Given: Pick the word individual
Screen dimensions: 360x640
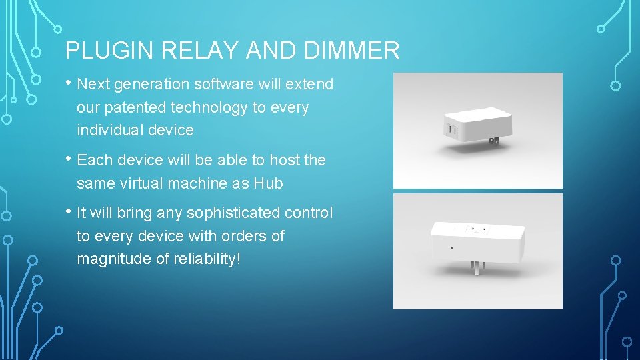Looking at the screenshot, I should (110, 130).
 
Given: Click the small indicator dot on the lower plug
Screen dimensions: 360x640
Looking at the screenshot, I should (453, 247).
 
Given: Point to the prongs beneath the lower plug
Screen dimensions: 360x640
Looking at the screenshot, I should (478, 267).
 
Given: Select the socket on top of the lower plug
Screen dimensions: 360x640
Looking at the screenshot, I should (477, 230).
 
